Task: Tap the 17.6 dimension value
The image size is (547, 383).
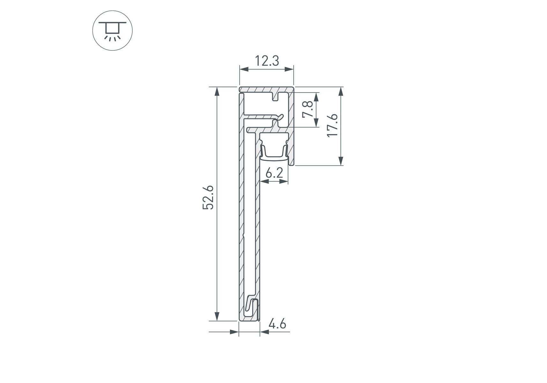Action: point(332,125)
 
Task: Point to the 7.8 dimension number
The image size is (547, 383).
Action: point(308,109)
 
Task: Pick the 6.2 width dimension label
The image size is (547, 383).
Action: point(274,173)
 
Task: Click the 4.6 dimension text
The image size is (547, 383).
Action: point(277,324)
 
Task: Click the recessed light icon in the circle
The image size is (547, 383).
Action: point(112,30)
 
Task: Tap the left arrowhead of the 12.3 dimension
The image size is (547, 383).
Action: point(244,69)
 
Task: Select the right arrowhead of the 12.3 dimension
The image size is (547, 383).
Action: point(289,69)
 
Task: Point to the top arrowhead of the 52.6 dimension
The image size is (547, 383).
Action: point(217,92)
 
